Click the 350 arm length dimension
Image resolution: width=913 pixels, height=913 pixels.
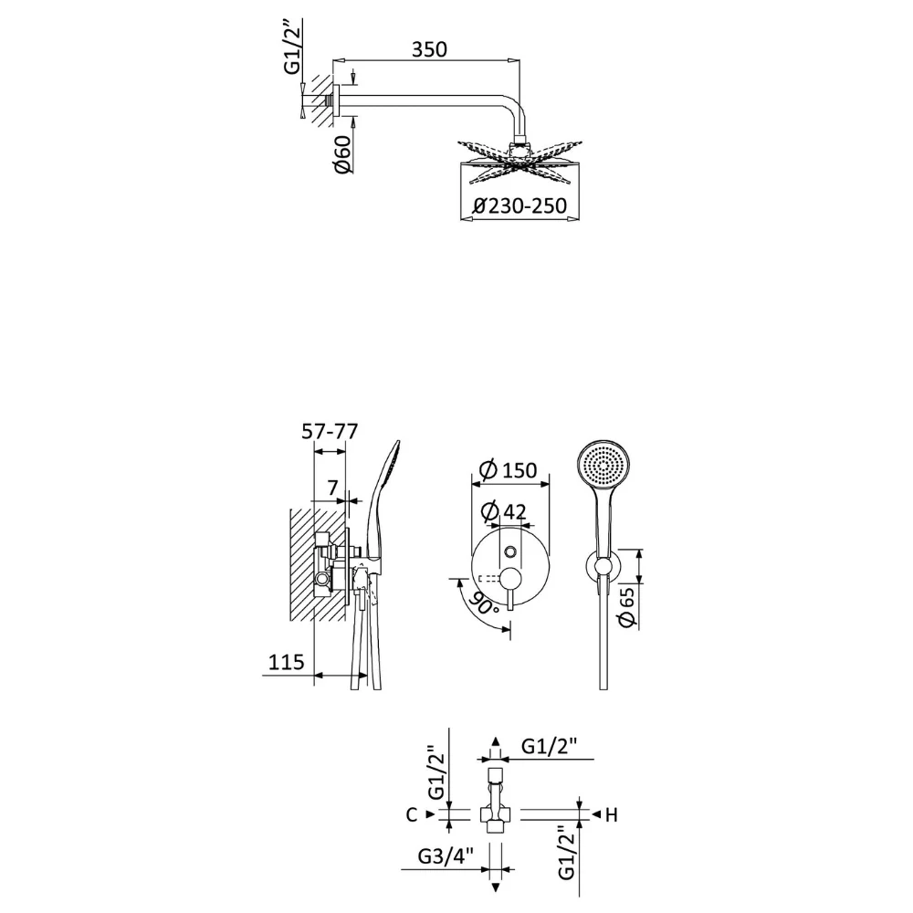click(x=429, y=49)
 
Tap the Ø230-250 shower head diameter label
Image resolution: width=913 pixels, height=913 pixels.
click(x=519, y=205)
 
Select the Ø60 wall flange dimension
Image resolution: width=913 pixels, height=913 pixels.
click(x=342, y=154)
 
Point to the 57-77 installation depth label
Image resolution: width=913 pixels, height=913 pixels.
click(x=330, y=432)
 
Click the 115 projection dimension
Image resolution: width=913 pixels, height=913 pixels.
click(x=286, y=662)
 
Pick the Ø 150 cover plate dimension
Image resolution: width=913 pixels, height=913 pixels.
click(x=507, y=470)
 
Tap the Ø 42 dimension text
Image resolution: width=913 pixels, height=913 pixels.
click(x=504, y=511)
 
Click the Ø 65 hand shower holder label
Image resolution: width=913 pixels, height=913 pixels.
click(x=627, y=607)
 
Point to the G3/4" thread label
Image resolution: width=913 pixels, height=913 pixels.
click(x=446, y=856)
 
